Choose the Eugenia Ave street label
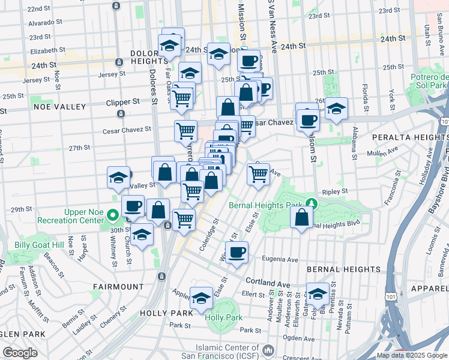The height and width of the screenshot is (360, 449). click(x=280, y=260)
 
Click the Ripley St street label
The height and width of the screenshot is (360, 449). click(x=336, y=191)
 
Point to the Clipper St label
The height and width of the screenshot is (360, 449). click(x=122, y=102)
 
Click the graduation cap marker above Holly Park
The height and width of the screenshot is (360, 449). click(x=201, y=297)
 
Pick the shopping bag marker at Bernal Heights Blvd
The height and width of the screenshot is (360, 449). click(x=302, y=217)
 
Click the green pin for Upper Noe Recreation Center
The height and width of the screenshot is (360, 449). click(x=112, y=215)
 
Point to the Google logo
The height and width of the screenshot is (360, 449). click(x=20, y=353)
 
